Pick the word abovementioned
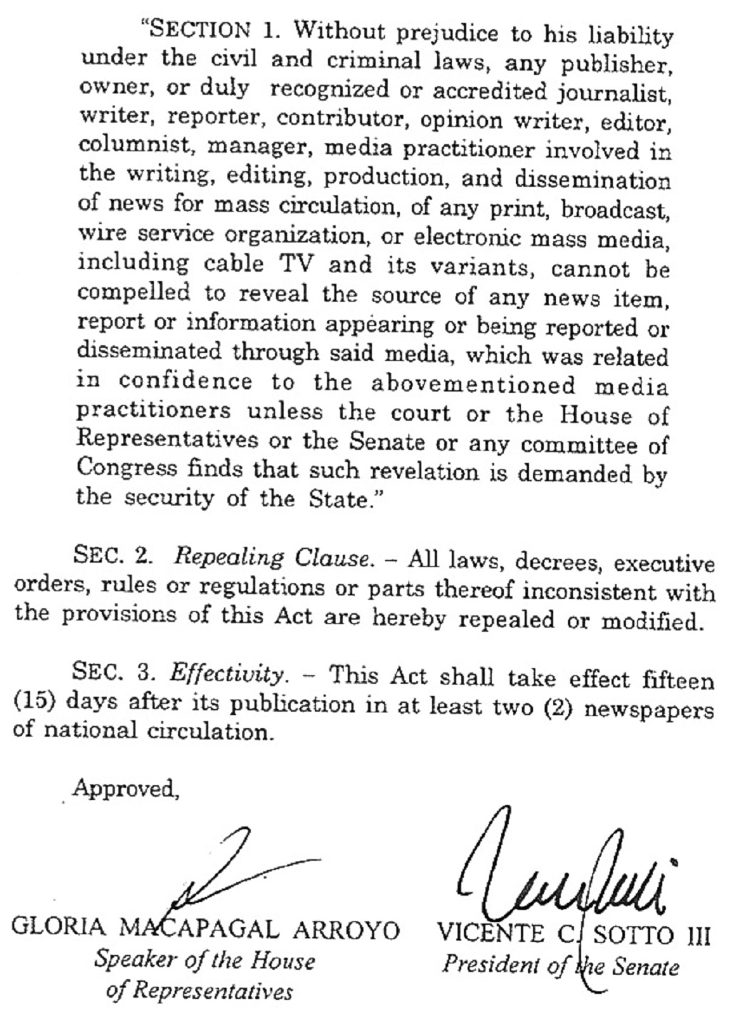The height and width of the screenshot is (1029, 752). (473, 384)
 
